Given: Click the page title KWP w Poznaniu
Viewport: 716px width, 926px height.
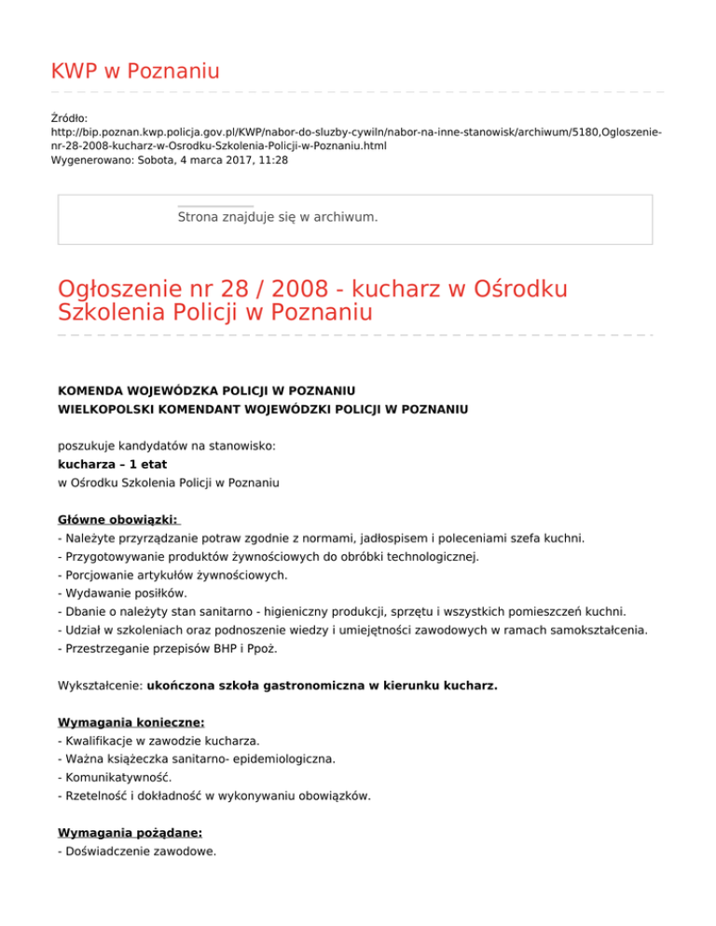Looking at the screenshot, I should click(135, 70).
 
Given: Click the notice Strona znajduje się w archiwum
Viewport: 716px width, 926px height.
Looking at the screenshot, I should click(277, 217).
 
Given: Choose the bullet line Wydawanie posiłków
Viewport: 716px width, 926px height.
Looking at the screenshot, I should click(122, 592).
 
